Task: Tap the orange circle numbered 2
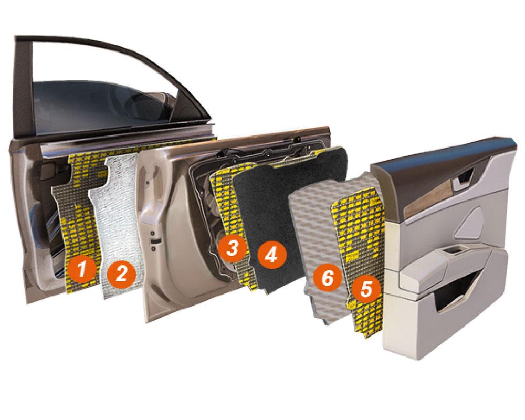[x=122, y=275]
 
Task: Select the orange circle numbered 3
[x=232, y=248]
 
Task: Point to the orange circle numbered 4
[x=272, y=256]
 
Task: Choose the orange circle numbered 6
[x=328, y=278]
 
